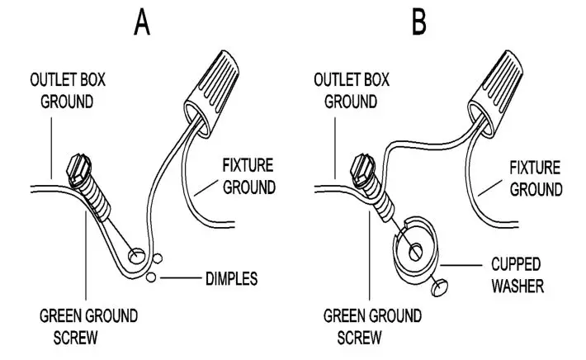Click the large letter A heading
tap(142, 21)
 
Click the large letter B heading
tap(419, 21)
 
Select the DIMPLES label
tap(231, 279)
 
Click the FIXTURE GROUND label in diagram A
tap(248, 177)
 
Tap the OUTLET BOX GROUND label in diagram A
tap(69, 92)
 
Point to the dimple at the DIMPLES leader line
tap(151, 277)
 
